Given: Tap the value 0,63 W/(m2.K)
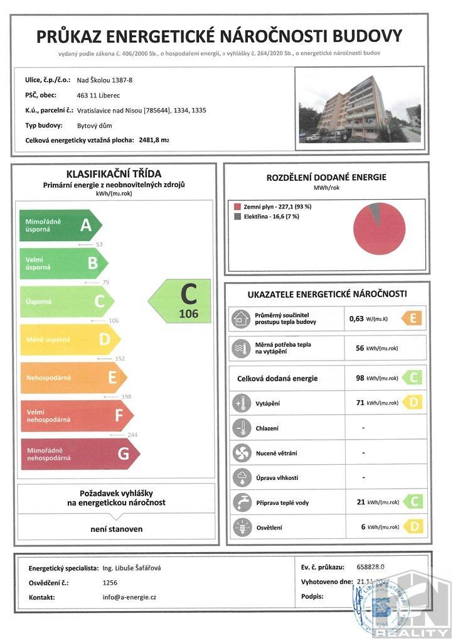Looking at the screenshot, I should pyautogui.click(x=370, y=318).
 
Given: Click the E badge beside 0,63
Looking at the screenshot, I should pyautogui.click(x=412, y=318).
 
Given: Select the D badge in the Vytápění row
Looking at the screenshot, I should pyautogui.click(x=412, y=403).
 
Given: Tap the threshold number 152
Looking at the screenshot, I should pyautogui.click(x=119, y=359).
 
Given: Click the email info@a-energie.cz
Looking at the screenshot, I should pyautogui.click(x=129, y=597).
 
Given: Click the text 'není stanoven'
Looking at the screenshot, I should pyautogui.click(x=116, y=529).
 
